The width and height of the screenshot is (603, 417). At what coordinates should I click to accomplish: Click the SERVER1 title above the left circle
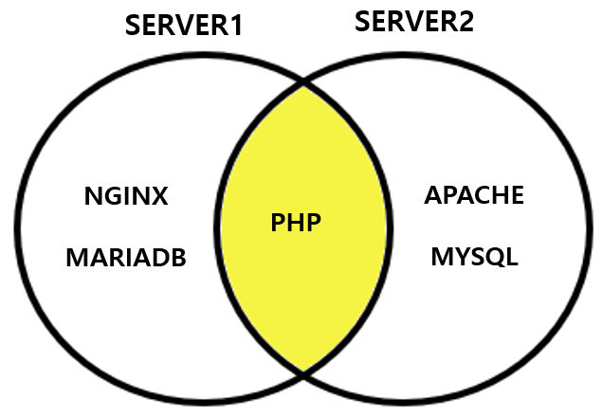click(184, 26)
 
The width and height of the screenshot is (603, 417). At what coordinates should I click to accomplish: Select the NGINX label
click(126, 197)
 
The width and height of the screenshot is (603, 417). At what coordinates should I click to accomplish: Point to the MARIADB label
click(126, 258)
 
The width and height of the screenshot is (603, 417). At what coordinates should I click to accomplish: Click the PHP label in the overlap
click(297, 225)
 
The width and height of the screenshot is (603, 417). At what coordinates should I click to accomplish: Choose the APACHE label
click(474, 196)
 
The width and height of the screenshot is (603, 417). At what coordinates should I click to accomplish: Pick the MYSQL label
click(474, 257)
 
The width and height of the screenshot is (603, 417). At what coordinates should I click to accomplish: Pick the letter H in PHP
click(297, 225)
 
